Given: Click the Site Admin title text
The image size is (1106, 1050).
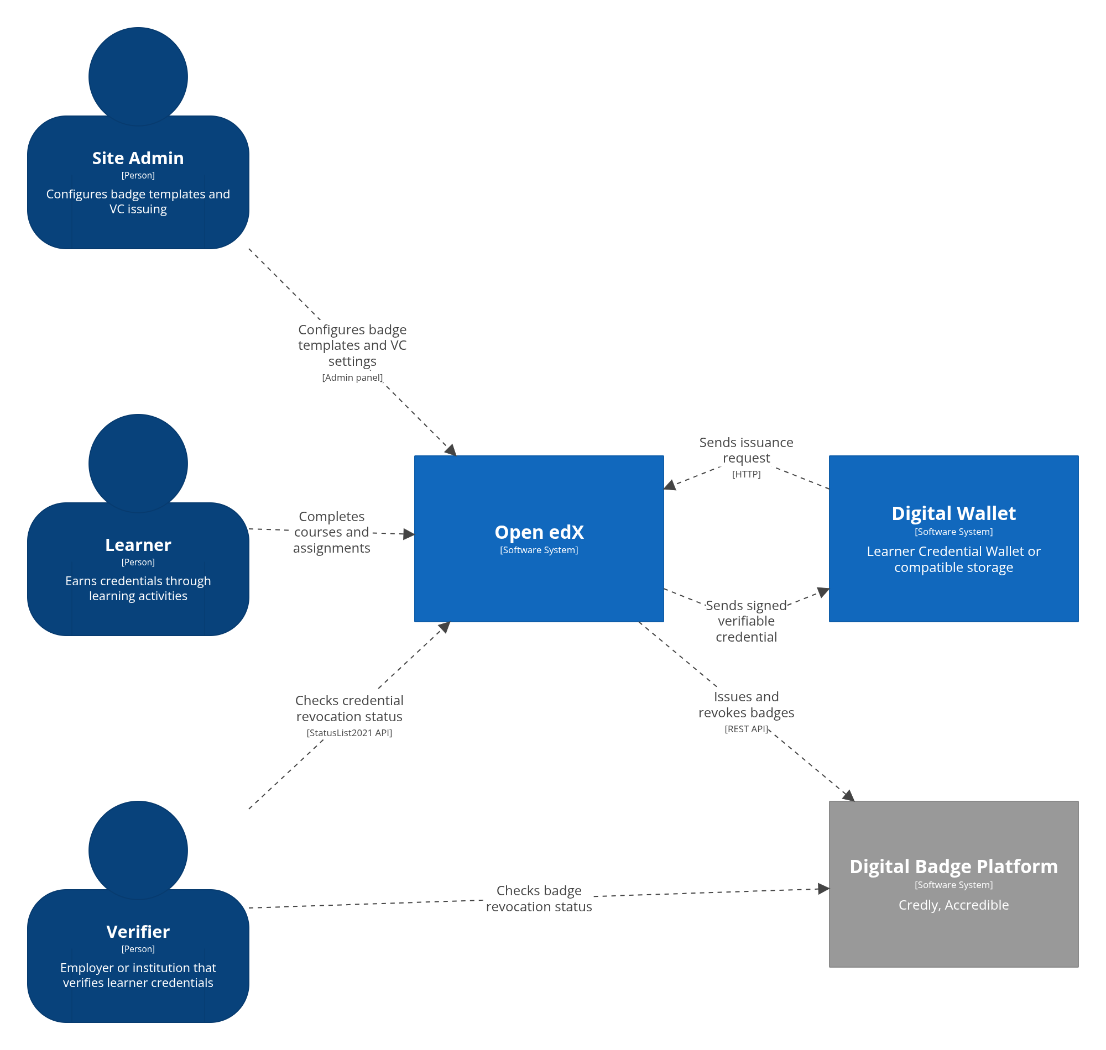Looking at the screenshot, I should click(138, 159).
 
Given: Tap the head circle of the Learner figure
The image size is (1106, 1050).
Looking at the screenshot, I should click(138, 464).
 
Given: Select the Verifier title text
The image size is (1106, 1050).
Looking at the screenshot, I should click(138, 931).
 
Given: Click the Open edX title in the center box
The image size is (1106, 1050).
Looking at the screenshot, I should click(539, 532).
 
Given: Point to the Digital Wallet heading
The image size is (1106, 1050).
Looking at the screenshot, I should click(953, 513).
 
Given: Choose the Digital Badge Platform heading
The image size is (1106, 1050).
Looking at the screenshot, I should click(953, 866).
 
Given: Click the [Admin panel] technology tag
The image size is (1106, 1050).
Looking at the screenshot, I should click(352, 377).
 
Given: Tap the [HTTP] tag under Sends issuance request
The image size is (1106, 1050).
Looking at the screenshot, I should click(746, 474).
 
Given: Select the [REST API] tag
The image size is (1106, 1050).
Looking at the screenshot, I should click(746, 729).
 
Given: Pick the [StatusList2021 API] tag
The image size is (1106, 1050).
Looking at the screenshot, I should click(349, 733).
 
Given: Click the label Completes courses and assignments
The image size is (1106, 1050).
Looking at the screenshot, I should click(331, 532).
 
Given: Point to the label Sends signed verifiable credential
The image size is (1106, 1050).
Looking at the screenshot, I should click(746, 621).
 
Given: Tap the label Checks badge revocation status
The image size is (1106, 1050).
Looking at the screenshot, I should click(539, 899).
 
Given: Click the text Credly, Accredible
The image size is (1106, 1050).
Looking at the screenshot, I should click(953, 905).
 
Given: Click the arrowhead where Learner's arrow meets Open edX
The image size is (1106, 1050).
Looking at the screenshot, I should click(409, 534).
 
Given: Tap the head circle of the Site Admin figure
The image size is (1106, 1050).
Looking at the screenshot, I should click(138, 77).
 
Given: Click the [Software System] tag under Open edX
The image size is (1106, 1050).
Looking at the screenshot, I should click(539, 550).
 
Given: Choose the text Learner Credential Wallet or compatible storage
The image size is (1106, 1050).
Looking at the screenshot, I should click(953, 559).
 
